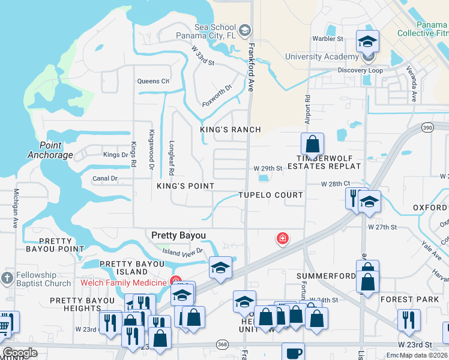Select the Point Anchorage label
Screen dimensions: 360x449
click(50, 150)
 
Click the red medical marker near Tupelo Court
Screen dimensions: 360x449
click(282, 239)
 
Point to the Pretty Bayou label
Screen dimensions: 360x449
click(178, 235)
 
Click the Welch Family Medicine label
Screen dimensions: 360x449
click(124, 283)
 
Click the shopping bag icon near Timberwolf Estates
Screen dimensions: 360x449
click(312, 145)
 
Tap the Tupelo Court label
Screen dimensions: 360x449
click(271, 196)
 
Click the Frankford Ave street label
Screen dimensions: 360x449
click(251, 66)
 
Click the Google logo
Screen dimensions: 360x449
click(20, 353)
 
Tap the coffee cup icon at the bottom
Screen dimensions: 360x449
click(293, 353)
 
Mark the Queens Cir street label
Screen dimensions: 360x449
click(153, 81)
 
